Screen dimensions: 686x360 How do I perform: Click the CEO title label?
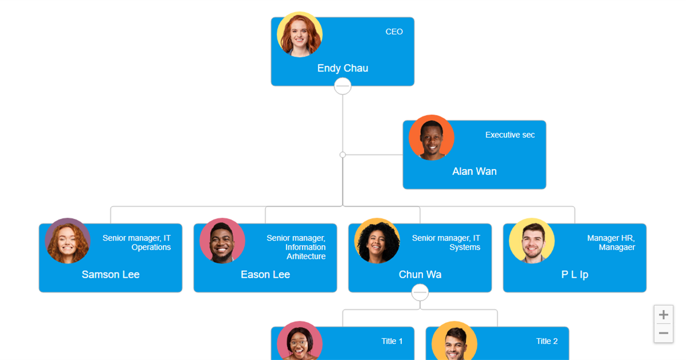(394, 31)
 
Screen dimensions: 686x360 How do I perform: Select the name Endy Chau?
(342, 68)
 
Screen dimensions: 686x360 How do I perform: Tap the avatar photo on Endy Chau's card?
(300, 34)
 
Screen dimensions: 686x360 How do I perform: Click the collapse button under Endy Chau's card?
(342, 86)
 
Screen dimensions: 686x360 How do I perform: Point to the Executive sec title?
(510, 135)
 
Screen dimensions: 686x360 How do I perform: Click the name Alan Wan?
(474, 171)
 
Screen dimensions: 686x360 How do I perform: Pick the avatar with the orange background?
(431, 138)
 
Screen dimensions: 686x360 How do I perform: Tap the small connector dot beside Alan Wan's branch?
(342, 155)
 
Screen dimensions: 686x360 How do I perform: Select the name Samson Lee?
(110, 274)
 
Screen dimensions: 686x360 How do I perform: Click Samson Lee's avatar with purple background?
(67, 241)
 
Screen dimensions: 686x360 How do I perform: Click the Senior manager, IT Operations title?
(137, 242)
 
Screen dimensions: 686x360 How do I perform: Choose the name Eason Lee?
(265, 274)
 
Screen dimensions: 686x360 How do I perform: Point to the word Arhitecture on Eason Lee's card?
(306, 256)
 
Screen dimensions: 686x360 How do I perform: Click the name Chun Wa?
(420, 274)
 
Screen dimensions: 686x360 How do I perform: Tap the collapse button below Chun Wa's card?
(420, 293)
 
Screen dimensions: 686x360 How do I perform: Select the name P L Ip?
(575, 275)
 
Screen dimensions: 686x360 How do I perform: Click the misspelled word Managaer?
(617, 247)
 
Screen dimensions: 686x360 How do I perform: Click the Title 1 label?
(392, 341)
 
